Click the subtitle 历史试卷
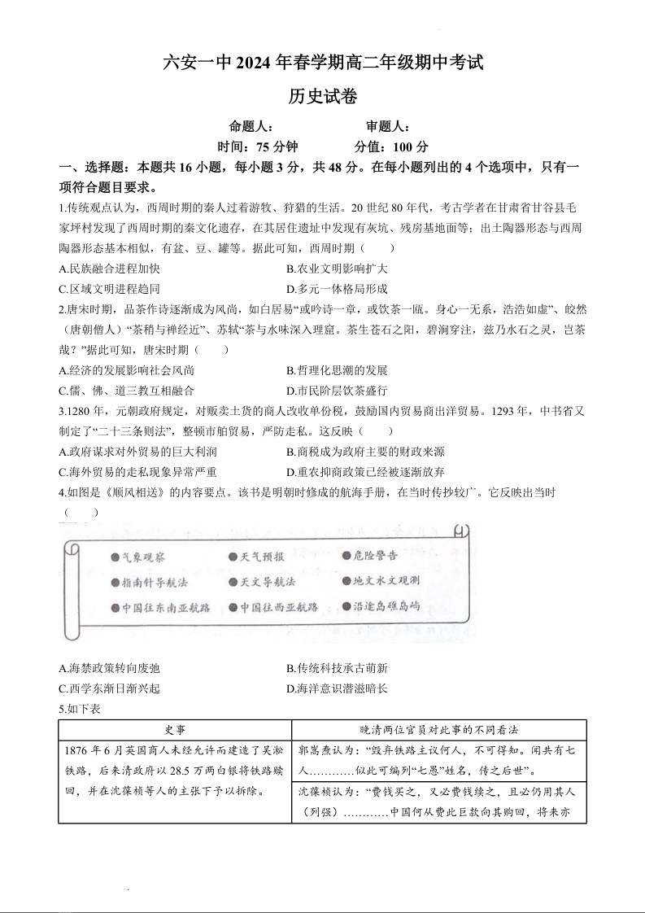click(322, 96)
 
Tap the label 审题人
click(387, 126)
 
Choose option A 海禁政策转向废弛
click(110, 668)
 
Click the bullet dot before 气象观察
click(115, 557)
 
